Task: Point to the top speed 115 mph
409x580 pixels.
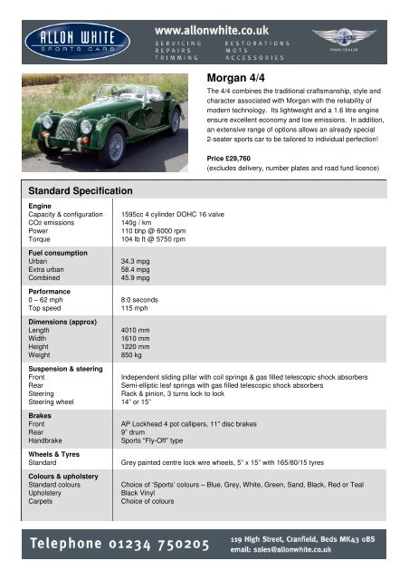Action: pyautogui.click(x=136, y=310)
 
